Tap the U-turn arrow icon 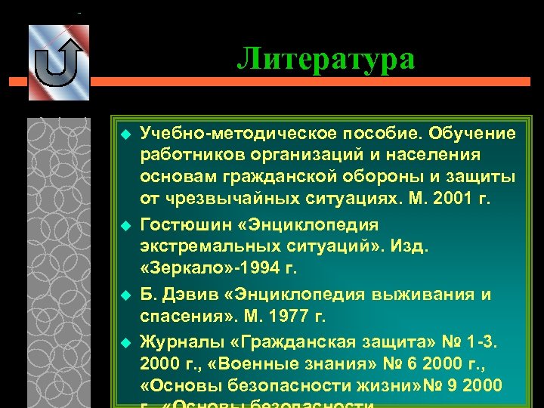click(58, 63)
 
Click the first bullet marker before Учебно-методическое click(126, 134)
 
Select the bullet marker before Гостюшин click(126, 226)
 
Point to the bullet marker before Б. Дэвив click(126, 295)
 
